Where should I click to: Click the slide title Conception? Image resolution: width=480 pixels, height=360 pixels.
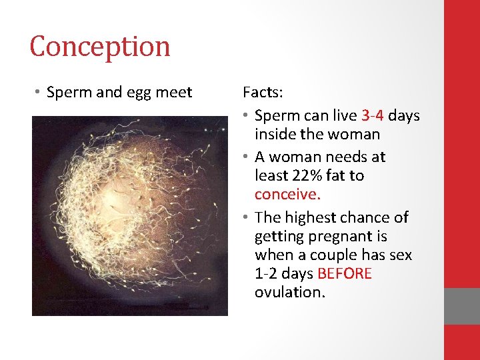[x=100, y=47]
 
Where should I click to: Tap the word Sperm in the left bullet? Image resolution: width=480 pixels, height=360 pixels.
[x=66, y=92]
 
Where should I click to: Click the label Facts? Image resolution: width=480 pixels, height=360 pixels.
[x=263, y=92]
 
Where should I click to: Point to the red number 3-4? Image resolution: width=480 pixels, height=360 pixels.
[x=373, y=115]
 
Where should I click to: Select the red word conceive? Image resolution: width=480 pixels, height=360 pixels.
[x=287, y=194]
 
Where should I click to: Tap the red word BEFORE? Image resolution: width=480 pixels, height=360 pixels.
[x=345, y=274]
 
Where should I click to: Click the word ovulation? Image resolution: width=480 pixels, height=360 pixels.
[x=289, y=293]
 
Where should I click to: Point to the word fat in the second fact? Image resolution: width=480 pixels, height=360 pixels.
[x=336, y=175]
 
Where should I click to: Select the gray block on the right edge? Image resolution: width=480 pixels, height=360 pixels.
[x=462, y=306]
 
